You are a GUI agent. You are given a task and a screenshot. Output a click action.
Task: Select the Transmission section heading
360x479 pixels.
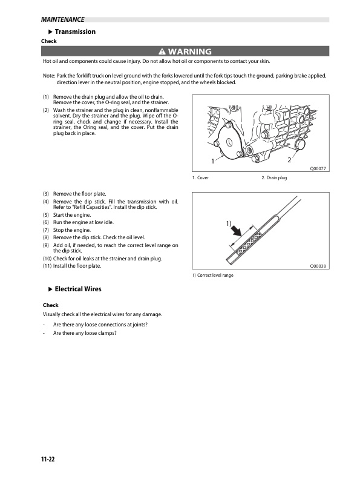75,31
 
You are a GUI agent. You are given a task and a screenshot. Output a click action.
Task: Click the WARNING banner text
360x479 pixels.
189,51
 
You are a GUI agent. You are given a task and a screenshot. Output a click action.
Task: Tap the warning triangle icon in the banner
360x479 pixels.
161,51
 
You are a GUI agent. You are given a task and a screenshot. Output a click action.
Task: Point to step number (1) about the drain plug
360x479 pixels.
46,97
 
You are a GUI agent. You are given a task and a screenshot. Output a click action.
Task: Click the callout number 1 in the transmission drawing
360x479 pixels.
213,162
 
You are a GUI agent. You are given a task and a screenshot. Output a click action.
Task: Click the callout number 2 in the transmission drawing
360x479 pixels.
289,160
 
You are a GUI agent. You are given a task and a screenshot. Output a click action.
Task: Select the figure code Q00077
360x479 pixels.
318,170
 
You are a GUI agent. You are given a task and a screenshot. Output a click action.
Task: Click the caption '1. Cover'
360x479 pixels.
201,179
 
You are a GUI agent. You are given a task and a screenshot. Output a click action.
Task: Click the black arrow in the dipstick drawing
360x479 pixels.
240,232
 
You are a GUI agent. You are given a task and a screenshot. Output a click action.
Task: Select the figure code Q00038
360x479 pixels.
318,266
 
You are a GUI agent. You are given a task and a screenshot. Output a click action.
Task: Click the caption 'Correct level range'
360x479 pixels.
213,276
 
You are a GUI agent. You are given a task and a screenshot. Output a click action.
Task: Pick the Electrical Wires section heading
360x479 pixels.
78,289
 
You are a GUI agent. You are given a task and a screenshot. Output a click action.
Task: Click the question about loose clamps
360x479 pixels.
85,333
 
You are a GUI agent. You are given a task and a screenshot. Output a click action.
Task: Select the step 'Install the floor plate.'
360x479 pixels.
77,266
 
